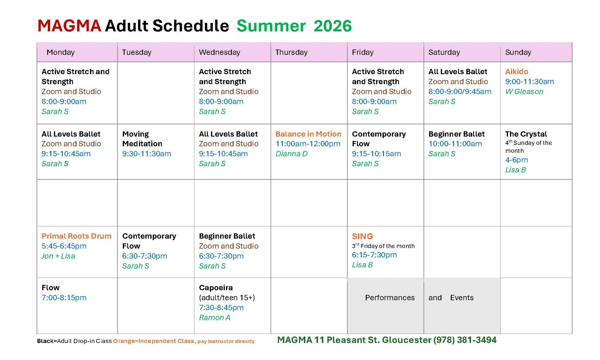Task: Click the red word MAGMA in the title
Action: coord(69,26)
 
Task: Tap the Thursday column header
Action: coord(291,52)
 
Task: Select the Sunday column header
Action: coord(518,52)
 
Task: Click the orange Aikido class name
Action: coord(517,72)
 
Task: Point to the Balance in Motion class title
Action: coord(308,134)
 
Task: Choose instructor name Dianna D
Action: coord(292,154)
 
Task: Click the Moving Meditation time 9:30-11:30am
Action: coord(147,154)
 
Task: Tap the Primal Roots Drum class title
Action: coord(76,236)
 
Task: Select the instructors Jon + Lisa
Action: coord(58,256)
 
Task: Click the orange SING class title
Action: coord(362,236)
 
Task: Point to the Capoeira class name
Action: coord(216,288)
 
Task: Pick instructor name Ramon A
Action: coord(214,317)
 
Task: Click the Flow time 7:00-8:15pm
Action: coord(64,298)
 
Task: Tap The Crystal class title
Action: coord(526,134)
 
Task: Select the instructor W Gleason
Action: coord(524,91)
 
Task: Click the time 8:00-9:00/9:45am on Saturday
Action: coord(460,91)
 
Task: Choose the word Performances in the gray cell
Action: coord(390,298)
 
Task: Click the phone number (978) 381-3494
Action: coord(465,340)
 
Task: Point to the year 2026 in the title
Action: coord(332,26)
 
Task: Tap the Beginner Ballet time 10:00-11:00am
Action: coord(455,144)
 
